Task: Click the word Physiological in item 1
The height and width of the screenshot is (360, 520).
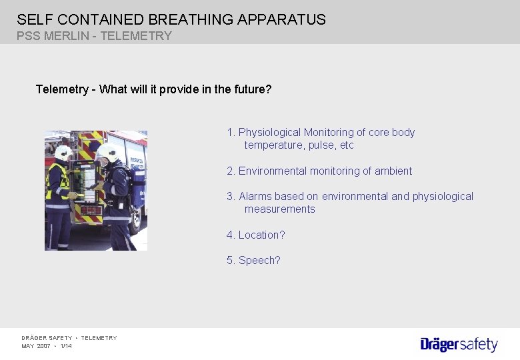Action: pyautogui.click(x=269, y=132)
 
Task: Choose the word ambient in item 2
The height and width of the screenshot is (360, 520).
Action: pyautogui.click(x=393, y=171)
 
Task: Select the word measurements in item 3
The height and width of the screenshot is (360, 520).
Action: pyautogui.click(x=279, y=209)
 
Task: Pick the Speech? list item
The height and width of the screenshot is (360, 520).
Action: pyautogui.click(x=254, y=260)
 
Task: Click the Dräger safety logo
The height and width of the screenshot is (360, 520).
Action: pyautogui.click(x=459, y=344)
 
